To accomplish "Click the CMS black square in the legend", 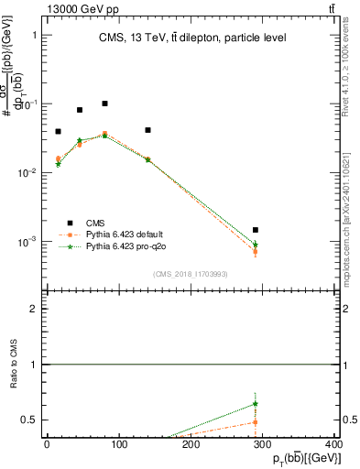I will pos(69,222).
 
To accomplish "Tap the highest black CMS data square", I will pos(105,104).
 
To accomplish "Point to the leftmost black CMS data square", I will pos(58,132).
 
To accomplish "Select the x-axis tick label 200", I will pos(191,443).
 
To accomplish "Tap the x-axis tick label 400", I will pos(335,443).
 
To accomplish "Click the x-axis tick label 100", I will pos(119,443).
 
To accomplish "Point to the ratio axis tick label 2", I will pos(34,309).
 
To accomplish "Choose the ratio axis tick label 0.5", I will pos(29,420).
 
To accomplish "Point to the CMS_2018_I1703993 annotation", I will pos(191,273).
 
